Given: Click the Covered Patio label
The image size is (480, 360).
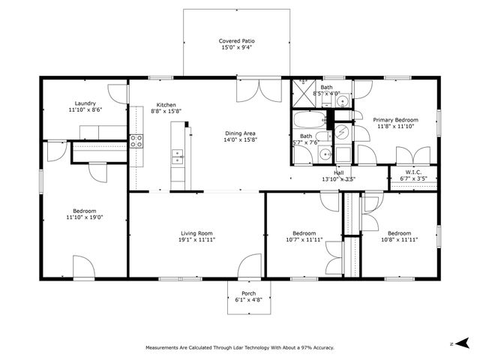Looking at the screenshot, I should pyautogui.click(x=236, y=40).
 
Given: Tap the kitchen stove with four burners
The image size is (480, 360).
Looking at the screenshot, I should pyautogui.click(x=136, y=140).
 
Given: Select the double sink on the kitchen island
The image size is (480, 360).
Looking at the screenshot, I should pyautogui.click(x=178, y=157).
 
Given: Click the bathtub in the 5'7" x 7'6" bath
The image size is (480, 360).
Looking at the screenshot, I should pyautogui.click(x=307, y=122).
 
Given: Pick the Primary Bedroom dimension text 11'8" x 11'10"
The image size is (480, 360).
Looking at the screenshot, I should pyautogui.click(x=395, y=127).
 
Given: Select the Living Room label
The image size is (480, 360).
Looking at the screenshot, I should pyautogui.click(x=196, y=232).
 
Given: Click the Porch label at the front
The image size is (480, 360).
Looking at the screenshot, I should pyautogui.click(x=248, y=293).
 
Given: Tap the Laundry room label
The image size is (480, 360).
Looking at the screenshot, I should pyautogui.click(x=84, y=103).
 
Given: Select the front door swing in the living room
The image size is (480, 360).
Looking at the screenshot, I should pyautogui.click(x=250, y=266).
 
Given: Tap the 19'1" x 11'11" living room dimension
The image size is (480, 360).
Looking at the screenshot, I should pyautogui.click(x=196, y=240).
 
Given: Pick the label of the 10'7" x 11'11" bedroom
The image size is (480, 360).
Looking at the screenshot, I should pyautogui.click(x=304, y=232).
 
